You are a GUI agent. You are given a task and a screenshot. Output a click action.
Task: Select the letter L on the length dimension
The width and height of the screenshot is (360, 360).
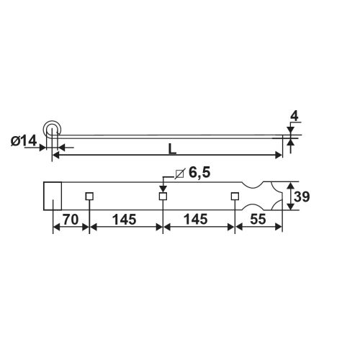tap(171, 149)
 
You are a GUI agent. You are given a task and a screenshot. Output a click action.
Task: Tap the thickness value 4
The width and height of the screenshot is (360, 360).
tap(294, 116)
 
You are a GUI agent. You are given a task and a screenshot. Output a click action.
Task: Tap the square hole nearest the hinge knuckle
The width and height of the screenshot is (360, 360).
tap(89, 196)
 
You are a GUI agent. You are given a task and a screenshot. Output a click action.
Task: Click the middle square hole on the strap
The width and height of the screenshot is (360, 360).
tap(163, 196)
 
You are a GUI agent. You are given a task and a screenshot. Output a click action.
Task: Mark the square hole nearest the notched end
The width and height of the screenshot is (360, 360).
tap(235, 196)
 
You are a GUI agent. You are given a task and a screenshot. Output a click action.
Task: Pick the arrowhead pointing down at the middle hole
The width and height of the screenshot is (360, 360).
tap(163, 187)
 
